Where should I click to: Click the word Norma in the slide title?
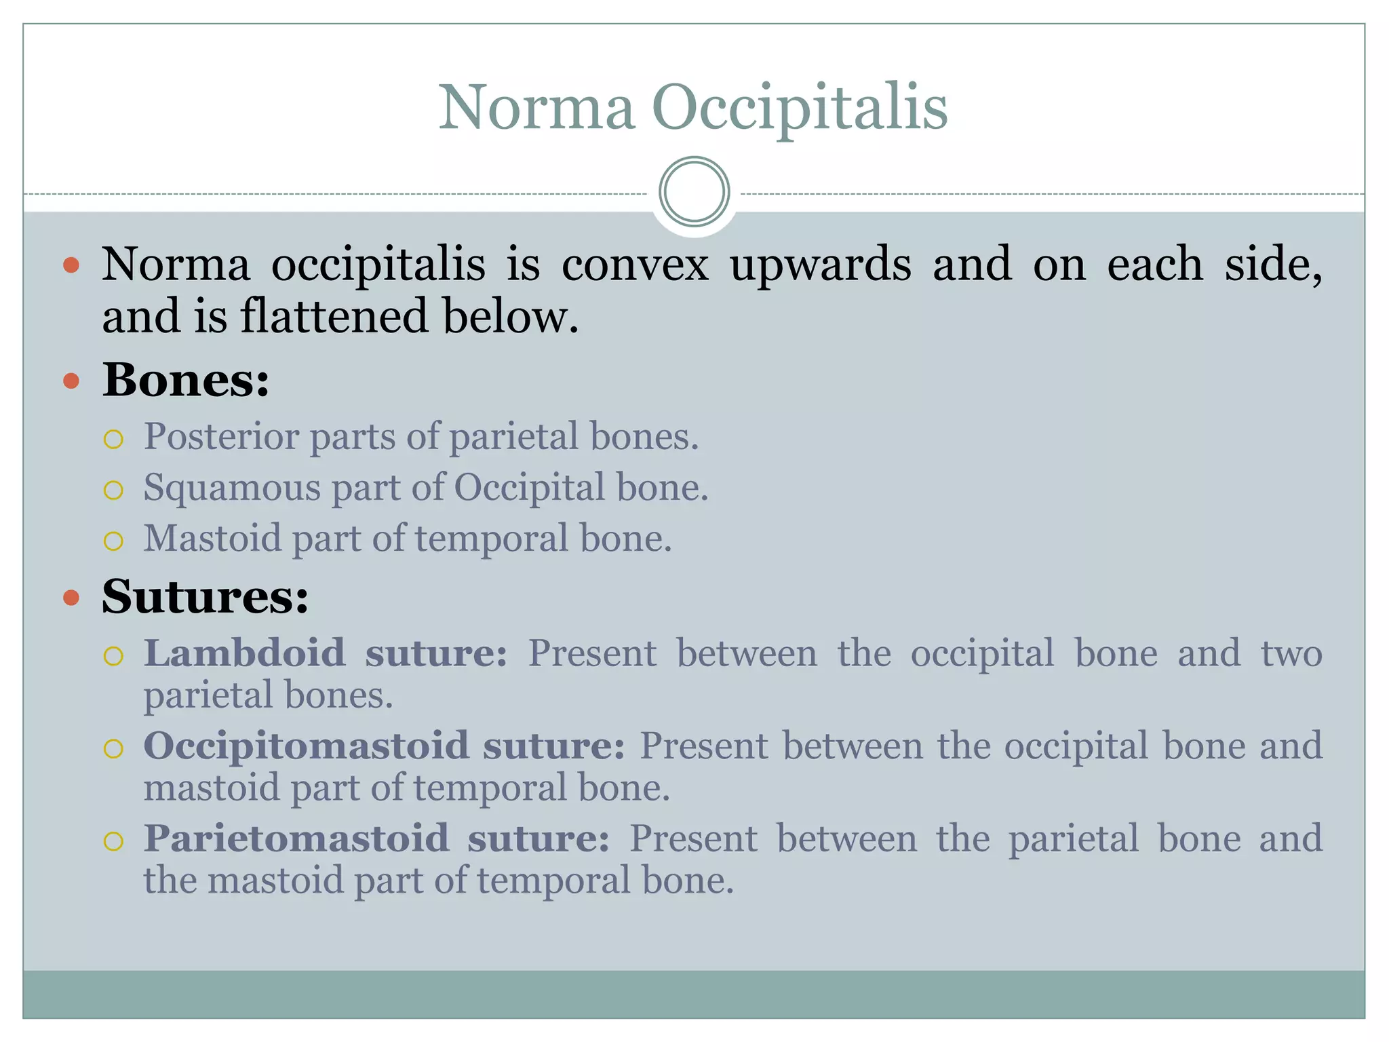tap(536, 109)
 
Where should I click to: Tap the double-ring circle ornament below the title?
tap(694, 192)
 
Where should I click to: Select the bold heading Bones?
tap(186, 380)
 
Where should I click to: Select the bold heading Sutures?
tap(205, 597)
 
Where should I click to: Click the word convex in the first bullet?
tap(635, 265)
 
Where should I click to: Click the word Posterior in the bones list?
tap(220, 436)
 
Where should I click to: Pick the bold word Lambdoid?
tap(244, 653)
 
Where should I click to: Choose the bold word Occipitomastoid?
tap(306, 746)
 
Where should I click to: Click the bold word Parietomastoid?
tap(296, 838)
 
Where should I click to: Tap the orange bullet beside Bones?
tap(71, 381)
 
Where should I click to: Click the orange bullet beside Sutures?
tap(71, 598)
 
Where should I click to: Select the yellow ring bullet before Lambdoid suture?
tap(113, 656)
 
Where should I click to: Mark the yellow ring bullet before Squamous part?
tap(113, 490)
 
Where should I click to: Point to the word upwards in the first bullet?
tap(820, 265)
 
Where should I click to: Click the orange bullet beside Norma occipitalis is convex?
tap(71, 265)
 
